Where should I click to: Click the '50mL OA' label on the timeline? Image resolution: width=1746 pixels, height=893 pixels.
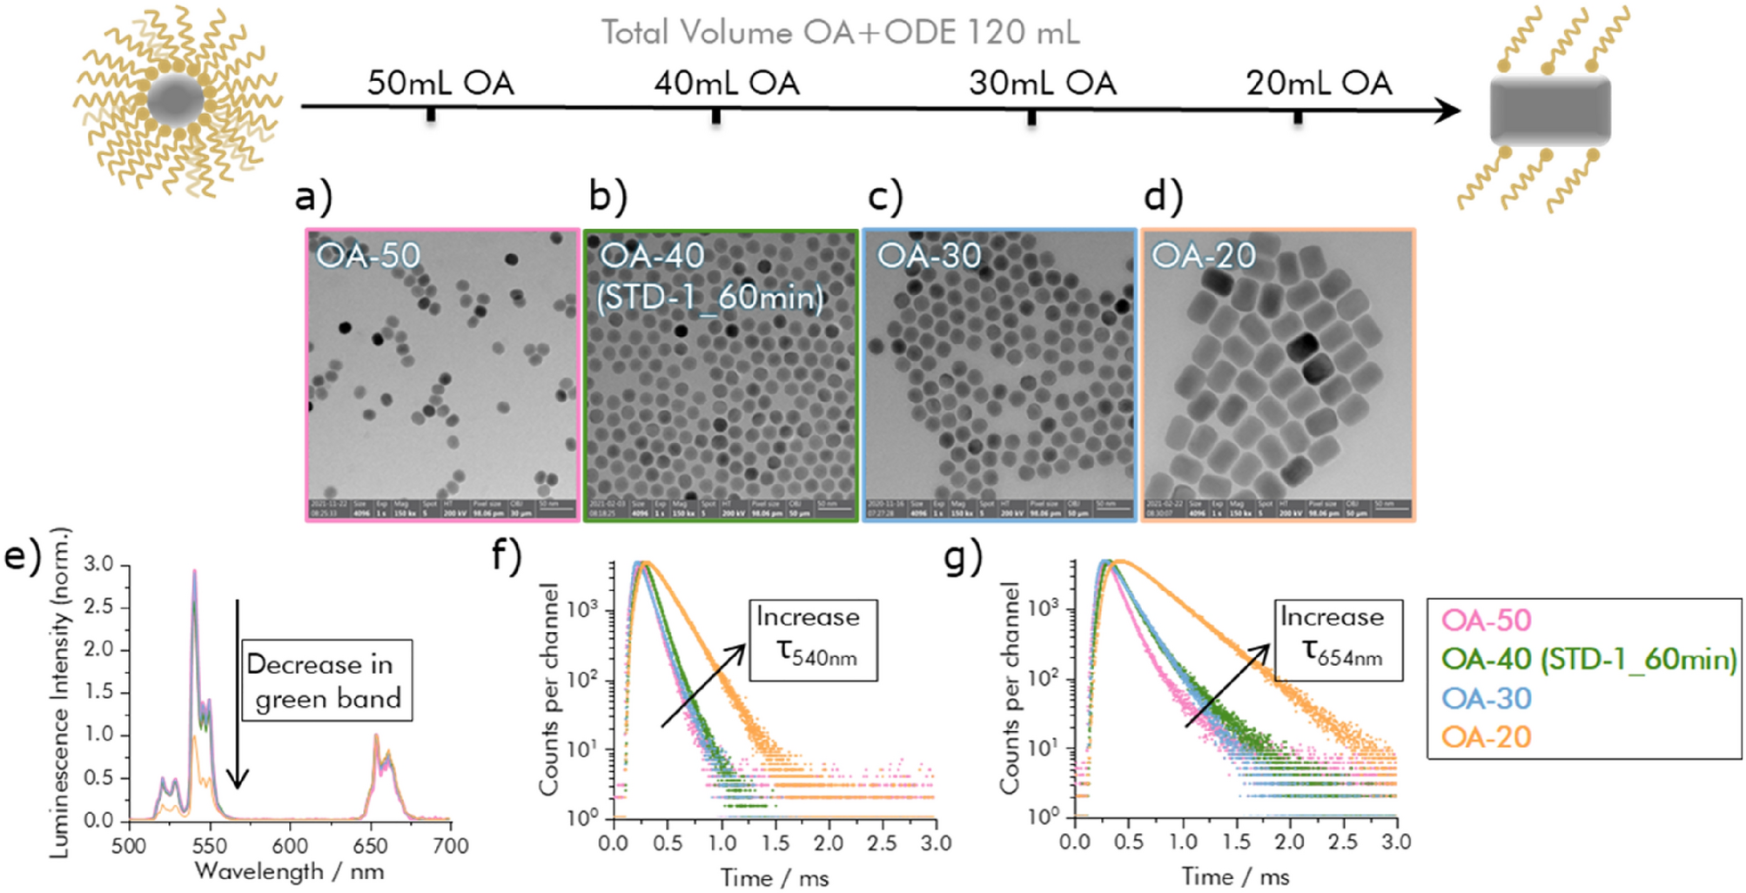[x=440, y=84]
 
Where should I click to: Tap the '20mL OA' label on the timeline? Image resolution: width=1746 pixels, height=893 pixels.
[x=1319, y=84]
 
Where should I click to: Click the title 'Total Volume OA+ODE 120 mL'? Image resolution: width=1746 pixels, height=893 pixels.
[x=840, y=33]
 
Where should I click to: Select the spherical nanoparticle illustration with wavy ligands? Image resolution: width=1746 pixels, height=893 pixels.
[x=177, y=101]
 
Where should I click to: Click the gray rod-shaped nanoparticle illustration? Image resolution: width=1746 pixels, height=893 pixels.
[x=1549, y=111]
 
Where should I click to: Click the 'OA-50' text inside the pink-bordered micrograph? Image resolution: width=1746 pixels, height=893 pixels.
[x=367, y=256]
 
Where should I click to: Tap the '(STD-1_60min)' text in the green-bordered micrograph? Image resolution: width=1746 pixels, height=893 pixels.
[x=709, y=298]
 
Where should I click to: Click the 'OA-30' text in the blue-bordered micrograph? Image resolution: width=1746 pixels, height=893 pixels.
[x=929, y=256]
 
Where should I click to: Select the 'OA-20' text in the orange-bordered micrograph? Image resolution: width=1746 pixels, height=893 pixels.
[x=1203, y=256]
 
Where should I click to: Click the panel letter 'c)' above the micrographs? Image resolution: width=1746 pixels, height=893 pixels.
[x=885, y=197]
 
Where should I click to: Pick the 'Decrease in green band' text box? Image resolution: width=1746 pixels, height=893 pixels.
[x=326, y=681]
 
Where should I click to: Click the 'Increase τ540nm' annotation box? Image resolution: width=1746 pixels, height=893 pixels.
[x=812, y=640]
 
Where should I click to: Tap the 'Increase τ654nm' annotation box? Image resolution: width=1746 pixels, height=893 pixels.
[x=1338, y=640]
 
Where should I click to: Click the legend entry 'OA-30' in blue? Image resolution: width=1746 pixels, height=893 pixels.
[x=1486, y=698]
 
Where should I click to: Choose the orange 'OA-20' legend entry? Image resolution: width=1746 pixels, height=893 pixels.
[x=1486, y=737]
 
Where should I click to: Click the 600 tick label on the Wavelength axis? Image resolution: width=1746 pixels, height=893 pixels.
[x=289, y=846]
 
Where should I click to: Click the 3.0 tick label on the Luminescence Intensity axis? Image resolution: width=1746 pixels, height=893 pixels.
[x=99, y=564]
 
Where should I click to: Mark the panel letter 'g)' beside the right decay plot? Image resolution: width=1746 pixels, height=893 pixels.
[x=962, y=557]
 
